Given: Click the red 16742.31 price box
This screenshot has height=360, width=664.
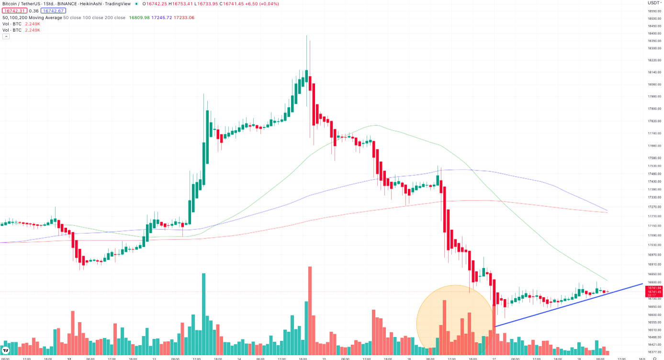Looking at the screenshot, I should (14, 11).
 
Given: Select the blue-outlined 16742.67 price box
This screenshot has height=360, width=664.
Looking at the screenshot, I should (53, 11).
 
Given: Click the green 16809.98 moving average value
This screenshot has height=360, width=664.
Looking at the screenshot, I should (140, 18).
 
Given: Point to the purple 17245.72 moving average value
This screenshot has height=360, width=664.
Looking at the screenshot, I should (161, 18).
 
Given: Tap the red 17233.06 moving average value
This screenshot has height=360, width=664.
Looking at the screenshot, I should (184, 18).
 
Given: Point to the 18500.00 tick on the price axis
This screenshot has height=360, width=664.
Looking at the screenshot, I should (654, 18).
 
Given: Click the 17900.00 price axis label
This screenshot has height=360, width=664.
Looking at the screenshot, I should (654, 109).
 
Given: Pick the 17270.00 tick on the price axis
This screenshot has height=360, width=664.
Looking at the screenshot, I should (654, 207).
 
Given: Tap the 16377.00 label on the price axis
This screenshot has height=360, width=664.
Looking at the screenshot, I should (654, 352).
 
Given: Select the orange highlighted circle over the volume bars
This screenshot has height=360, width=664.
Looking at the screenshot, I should (455, 318).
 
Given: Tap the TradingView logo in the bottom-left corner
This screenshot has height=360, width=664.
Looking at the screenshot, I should (6, 350).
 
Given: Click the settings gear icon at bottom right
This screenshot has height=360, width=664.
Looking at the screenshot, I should (654, 358).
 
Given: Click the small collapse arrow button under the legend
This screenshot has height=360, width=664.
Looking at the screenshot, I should (6, 36).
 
